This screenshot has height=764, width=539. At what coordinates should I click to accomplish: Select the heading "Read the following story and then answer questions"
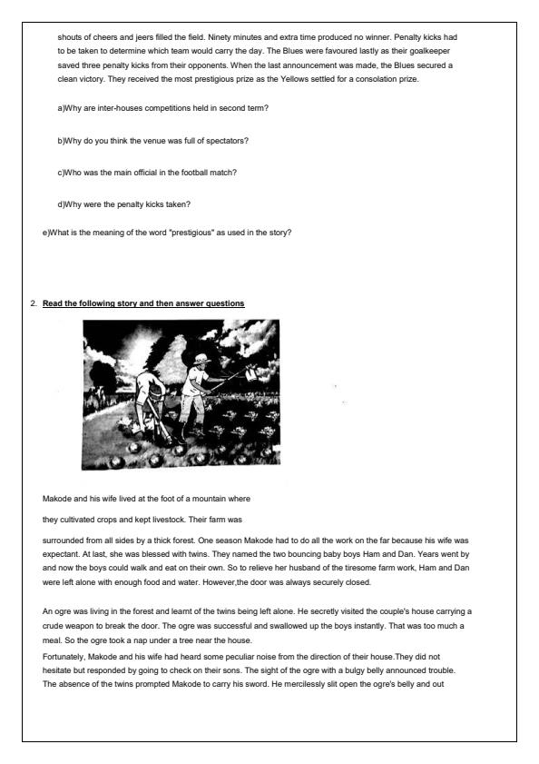143,303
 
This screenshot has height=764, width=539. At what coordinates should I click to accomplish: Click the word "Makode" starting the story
58,500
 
